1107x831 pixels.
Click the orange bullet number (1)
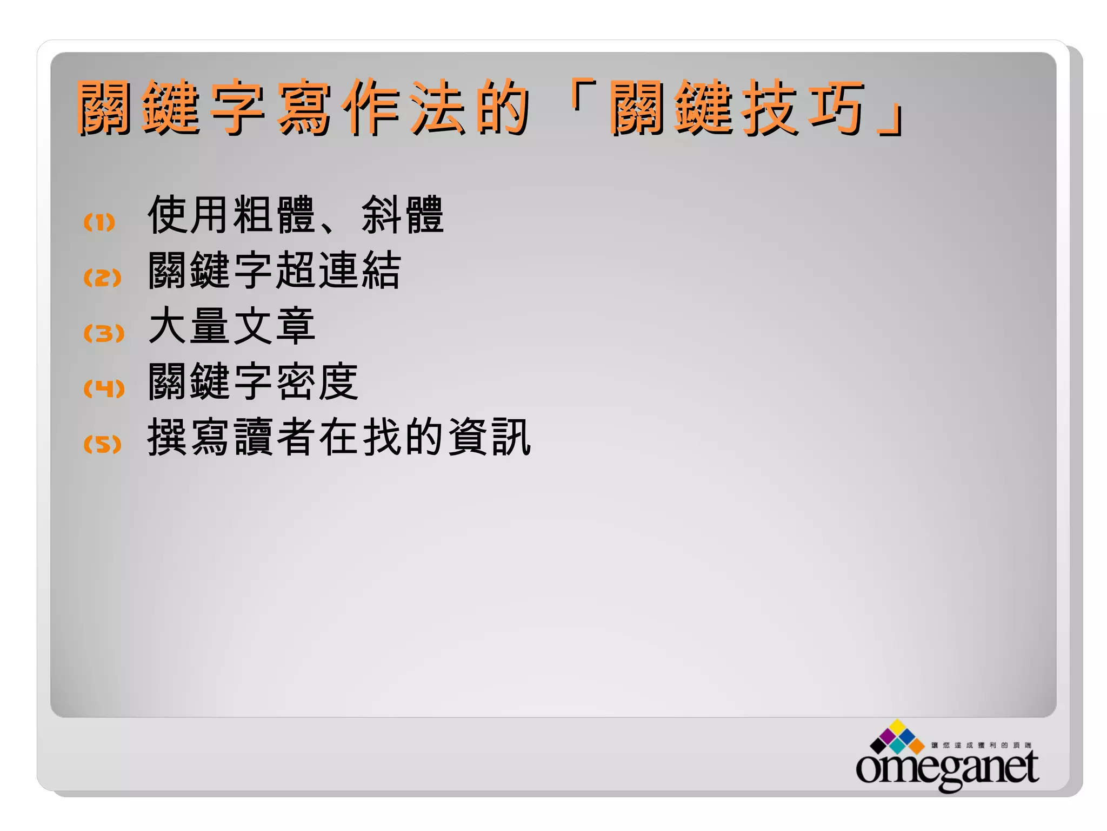tap(99, 222)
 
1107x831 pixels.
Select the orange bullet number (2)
tap(102, 278)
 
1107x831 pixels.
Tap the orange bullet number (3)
tap(103, 333)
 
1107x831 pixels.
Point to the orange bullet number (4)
tap(104, 388)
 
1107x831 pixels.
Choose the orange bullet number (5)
tap(102, 444)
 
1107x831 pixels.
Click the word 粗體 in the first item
tap(274, 215)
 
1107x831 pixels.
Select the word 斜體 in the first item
tap(403, 215)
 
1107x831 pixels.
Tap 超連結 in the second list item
tap(338, 271)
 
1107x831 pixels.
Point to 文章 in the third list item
tap(274, 326)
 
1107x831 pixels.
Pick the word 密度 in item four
tap(317, 381)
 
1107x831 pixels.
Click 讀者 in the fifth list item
tap(274, 437)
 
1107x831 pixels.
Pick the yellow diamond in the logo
tap(898, 727)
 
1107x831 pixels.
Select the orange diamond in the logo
tap(917, 747)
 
